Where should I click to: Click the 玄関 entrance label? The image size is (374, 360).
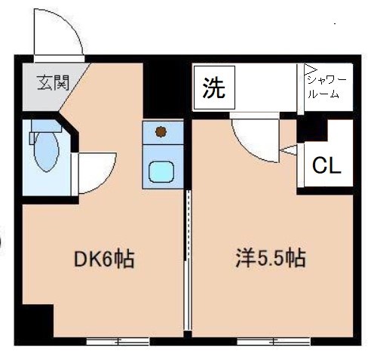(x=52, y=80)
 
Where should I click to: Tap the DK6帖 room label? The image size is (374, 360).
(x=105, y=260)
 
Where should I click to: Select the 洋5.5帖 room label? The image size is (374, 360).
(x=268, y=260)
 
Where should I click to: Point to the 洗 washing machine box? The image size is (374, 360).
(x=213, y=88)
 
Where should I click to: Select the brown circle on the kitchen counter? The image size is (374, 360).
(x=160, y=133)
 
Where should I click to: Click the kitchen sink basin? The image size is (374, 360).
(x=161, y=171)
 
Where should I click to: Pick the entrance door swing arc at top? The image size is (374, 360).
(x=57, y=30)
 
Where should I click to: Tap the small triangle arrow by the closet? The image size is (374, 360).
(x=287, y=151)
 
